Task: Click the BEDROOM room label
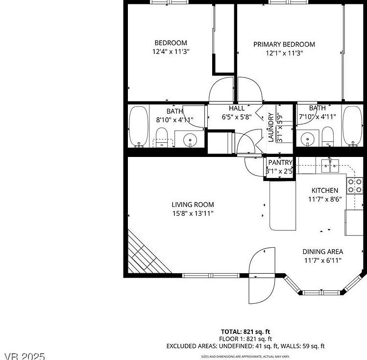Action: (171, 43)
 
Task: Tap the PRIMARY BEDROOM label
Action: (284, 45)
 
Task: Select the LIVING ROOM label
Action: (193, 205)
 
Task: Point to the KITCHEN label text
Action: (324, 190)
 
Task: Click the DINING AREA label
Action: (322, 252)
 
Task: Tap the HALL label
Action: (237, 108)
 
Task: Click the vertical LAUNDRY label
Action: (270, 128)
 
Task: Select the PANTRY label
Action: (280, 163)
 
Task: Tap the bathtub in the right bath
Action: (351, 126)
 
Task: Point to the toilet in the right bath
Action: (328, 137)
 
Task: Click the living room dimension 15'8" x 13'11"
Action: (193, 213)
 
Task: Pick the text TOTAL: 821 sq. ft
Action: (245, 332)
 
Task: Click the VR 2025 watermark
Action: (25, 356)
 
